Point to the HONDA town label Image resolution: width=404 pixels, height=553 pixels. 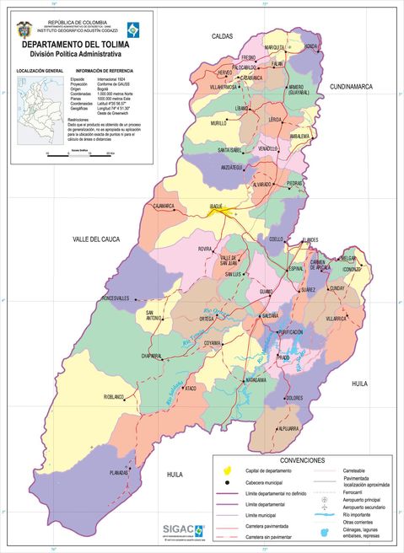(311, 46)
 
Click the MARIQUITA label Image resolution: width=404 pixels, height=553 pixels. (275, 47)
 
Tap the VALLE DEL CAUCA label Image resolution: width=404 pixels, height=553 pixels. (96, 240)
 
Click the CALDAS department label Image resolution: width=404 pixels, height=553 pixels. (222, 37)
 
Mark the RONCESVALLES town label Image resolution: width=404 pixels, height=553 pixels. (116, 298)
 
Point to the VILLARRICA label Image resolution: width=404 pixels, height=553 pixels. (336, 319)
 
